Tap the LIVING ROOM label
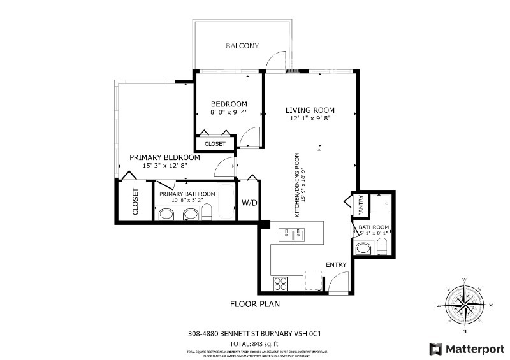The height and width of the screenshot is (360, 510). point(310,110)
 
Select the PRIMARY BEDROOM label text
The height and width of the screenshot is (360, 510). point(164,157)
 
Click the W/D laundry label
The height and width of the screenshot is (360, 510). point(249,204)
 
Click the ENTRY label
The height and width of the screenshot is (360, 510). point(336,265)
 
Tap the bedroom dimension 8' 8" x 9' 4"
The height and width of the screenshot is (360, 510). point(229,113)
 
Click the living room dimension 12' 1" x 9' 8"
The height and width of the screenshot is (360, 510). point(310,118)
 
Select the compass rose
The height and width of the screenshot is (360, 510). point(466,305)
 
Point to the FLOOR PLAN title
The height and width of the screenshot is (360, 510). point(255,304)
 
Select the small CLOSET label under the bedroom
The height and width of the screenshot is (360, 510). point(215,144)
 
